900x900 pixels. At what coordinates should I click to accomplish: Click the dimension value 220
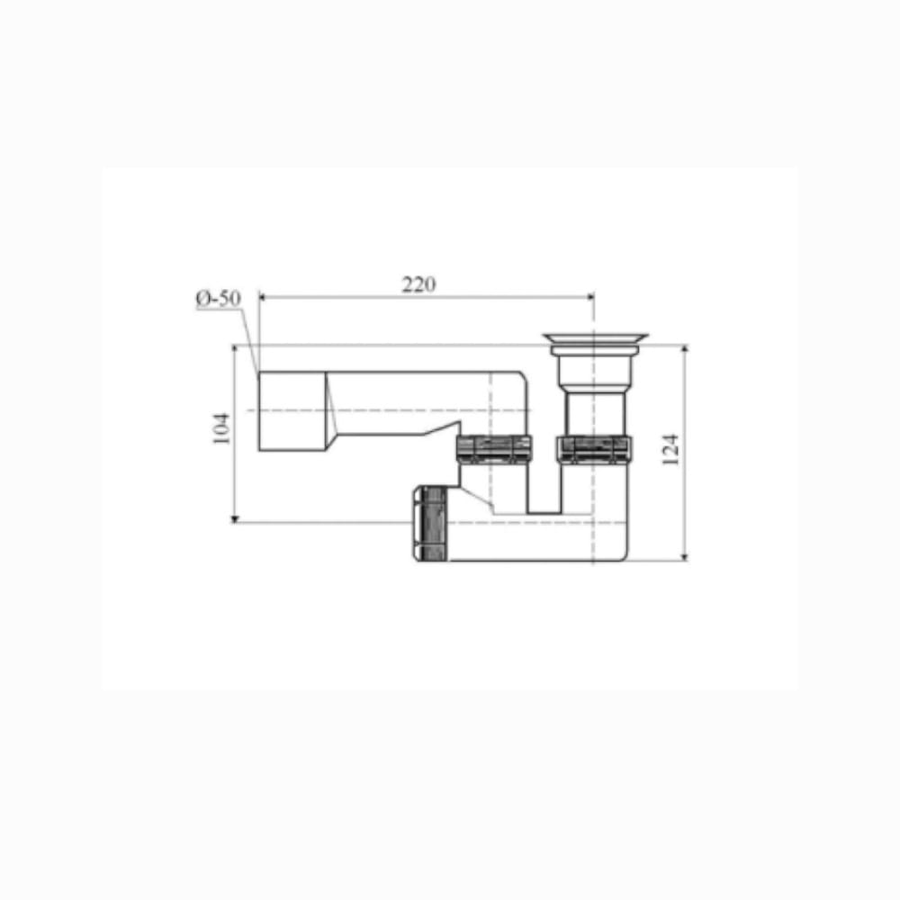click(x=418, y=284)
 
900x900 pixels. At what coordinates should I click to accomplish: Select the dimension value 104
click(x=221, y=428)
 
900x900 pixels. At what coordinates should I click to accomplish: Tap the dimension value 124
click(x=670, y=449)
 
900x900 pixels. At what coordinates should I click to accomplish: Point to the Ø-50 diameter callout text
click(x=218, y=299)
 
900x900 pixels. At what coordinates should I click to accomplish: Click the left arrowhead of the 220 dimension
click(x=264, y=297)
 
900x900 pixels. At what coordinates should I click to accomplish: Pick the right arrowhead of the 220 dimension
click(x=589, y=297)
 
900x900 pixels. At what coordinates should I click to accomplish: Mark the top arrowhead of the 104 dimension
click(x=234, y=349)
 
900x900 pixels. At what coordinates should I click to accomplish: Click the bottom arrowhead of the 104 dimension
click(x=234, y=518)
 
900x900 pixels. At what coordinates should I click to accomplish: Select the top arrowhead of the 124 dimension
click(x=684, y=349)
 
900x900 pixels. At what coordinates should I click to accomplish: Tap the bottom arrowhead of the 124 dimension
click(x=684, y=555)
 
